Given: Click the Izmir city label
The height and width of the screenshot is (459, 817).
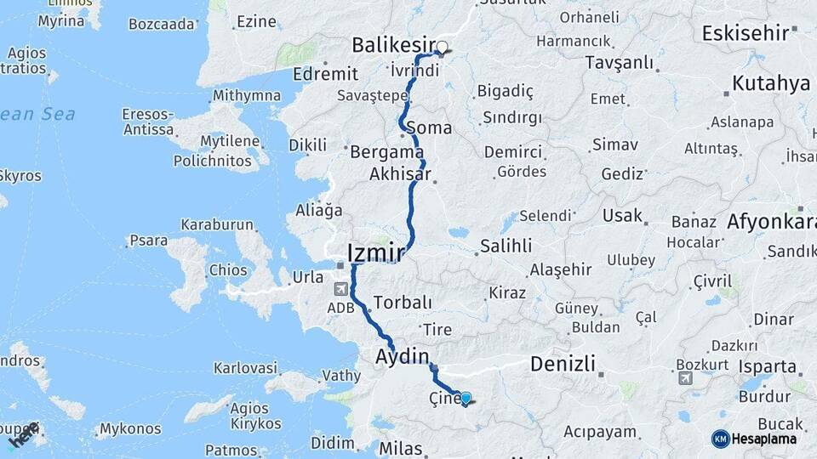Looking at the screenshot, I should tap(374, 251).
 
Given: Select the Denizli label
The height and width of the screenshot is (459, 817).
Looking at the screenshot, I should tap(562, 365).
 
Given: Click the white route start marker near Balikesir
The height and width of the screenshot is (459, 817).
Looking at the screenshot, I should tap(442, 48).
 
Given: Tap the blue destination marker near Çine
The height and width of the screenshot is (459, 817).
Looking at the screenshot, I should tap(466, 397).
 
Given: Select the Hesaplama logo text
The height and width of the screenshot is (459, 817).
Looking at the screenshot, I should tap(763, 439).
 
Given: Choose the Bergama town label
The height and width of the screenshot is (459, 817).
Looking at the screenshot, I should tap(387, 153).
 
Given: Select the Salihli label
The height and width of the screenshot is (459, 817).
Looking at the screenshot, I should tap(506, 246).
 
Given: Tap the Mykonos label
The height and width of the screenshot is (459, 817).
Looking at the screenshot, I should tap(130, 430).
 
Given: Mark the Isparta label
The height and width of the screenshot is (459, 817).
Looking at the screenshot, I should tap(767, 368).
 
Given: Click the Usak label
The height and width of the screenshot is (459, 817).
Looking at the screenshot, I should tap(622, 216).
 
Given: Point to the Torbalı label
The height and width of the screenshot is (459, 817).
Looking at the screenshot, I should tap(403, 303).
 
